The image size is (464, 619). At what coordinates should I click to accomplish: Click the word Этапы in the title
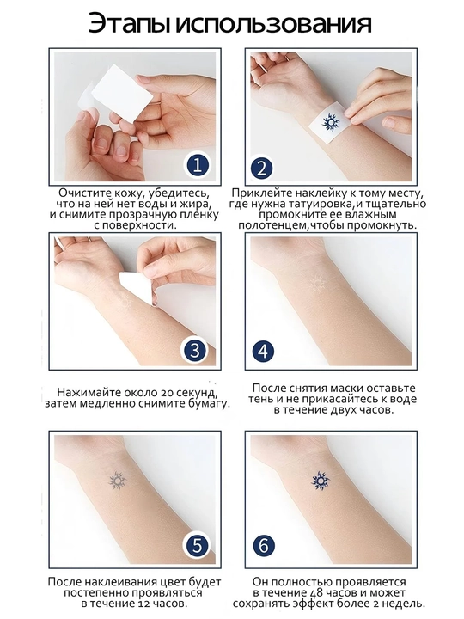coord(129,24)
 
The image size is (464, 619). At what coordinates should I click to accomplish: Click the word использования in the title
coord(273,24)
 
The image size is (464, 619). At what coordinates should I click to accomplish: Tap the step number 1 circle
coord(198,165)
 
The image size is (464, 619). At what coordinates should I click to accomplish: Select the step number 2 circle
coord(261,168)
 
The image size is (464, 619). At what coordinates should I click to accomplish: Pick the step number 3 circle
coord(194,350)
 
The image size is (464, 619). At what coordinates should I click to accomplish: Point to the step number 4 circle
coord(263,352)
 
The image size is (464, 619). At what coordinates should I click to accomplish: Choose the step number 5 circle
coord(197,546)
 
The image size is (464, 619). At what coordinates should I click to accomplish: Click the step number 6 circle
coord(264,546)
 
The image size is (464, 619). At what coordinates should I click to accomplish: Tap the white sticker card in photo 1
coord(121,92)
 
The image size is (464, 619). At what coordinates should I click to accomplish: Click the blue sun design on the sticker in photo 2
coord(331,121)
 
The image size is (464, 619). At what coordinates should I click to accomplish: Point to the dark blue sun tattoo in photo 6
coord(320,481)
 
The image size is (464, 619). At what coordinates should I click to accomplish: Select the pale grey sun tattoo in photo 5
coord(117,481)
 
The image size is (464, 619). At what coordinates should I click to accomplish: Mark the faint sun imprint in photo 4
coord(318,284)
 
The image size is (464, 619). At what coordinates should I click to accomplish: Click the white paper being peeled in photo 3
coord(137,286)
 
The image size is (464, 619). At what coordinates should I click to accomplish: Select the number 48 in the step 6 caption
coord(317,593)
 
